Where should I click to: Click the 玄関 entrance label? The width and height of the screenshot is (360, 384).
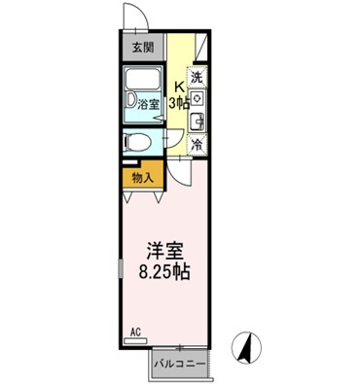(142, 46)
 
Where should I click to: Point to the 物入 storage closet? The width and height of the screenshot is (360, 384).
(142, 178)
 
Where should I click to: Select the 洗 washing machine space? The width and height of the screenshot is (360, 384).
(198, 77)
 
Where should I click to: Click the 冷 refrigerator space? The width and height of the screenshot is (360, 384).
(198, 143)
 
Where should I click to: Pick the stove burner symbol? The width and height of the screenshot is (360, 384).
(198, 98)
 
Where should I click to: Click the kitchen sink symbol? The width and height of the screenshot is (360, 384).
(198, 121)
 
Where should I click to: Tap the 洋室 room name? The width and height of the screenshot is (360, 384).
(162, 250)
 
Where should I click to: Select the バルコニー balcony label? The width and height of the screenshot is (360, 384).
(178, 364)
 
